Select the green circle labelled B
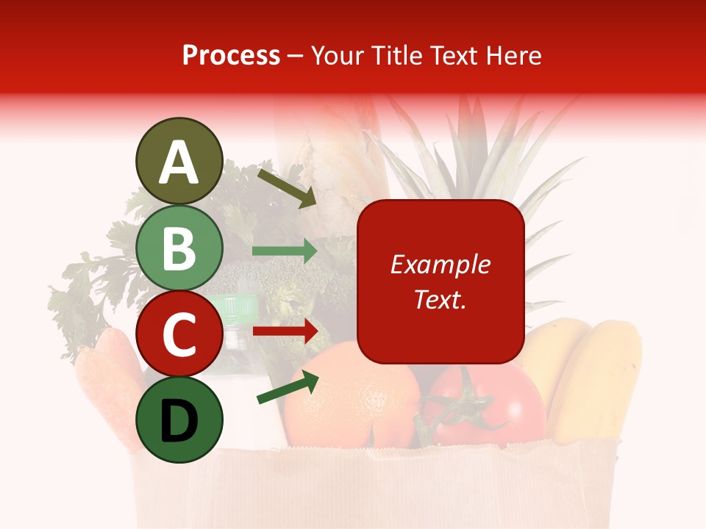[x=179, y=248]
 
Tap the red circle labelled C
[x=179, y=334]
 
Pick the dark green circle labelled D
[x=179, y=420]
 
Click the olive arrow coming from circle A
[x=286, y=188]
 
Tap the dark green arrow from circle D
[x=288, y=387]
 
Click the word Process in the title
[x=231, y=56]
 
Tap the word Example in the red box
[x=440, y=264]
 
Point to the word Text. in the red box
[x=440, y=299]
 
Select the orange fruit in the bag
[x=353, y=400]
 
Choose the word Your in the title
[x=338, y=56]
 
